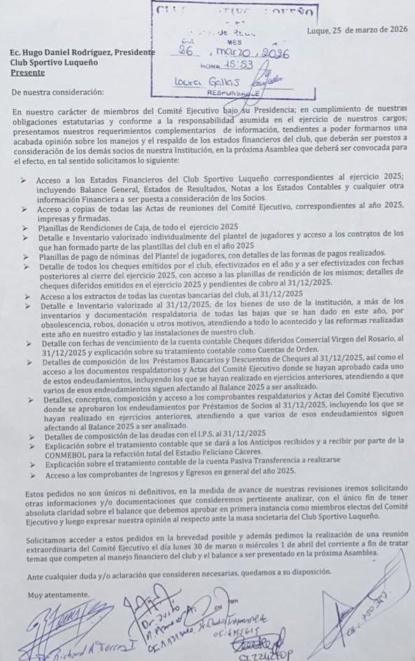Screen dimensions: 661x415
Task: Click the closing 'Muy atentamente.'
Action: (48, 595)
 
